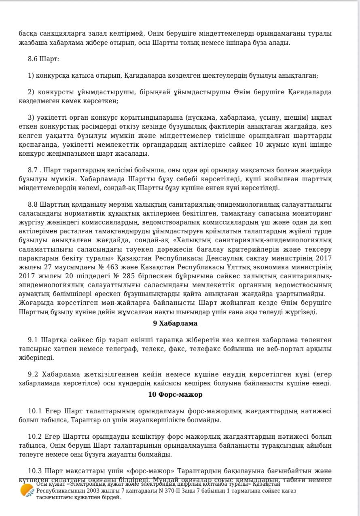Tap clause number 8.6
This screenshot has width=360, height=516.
[32, 59]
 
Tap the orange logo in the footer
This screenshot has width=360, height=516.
[27, 490]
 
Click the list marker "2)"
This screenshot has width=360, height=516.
[31, 92]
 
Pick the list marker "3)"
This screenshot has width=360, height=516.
[31, 118]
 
